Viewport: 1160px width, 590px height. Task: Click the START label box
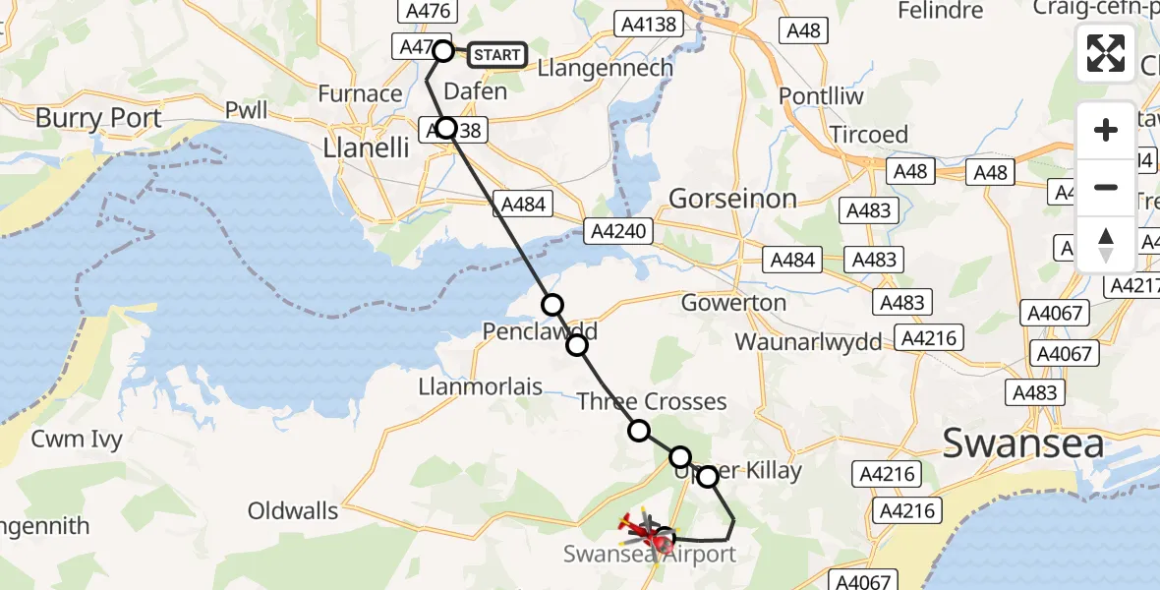coord(496,55)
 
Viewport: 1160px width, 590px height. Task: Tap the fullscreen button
coord(1106,53)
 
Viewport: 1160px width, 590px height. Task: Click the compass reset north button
coord(1106,245)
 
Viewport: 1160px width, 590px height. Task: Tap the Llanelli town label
coord(366,148)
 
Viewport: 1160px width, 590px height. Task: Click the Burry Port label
coord(98,119)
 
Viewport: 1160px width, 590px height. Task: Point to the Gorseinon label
coord(732,199)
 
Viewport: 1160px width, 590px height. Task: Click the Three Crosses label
coord(652,401)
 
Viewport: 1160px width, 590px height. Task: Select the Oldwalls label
coord(293,510)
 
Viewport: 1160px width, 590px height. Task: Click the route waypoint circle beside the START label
coord(443,51)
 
